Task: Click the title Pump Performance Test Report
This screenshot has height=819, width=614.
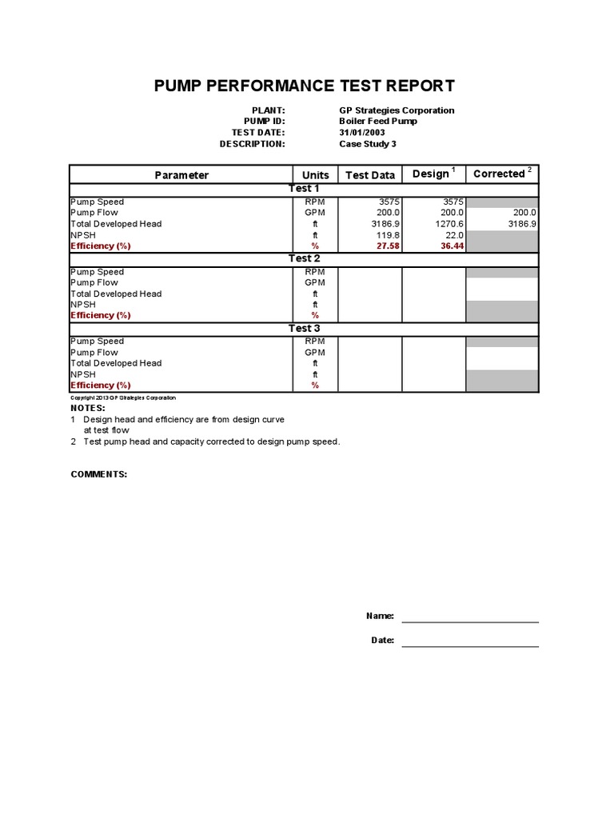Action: pyautogui.click(x=305, y=86)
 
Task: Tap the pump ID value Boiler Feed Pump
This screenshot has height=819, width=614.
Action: pyautogui.click(x=377, y=122)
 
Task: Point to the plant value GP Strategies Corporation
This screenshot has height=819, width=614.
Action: pyautogui.click(x=397, y=110)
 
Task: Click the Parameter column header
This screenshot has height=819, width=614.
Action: pyautogui.click(x=181, y=175)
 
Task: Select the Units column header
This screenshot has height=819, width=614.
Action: pyautogui.click(x=315, y=175)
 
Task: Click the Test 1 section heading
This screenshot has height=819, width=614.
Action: pyautogui.click(x=304, y=189)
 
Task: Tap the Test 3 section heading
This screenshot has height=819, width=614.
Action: pyautogui.click(x=304, y=329)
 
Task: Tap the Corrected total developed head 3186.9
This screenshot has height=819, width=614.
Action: pyautogui.click(x=520, y=224)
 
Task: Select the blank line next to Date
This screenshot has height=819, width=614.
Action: pyautogui.click(x=470, y=641)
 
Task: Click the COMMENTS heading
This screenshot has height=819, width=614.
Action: pyautogui.click(x=99, y=474)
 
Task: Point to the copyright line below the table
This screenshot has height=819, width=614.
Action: pyautogui.click(x=123, y=398)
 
